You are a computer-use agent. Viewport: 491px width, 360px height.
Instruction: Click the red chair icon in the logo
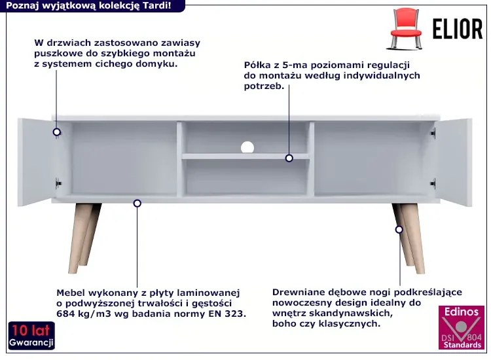point(406,29)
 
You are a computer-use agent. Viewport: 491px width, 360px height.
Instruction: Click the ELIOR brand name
point(458,29)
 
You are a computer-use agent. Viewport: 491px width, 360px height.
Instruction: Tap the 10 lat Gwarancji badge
point(31,336)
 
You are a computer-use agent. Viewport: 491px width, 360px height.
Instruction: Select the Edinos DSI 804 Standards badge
point(462,327)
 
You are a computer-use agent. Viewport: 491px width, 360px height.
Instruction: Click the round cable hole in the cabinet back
point(247,147)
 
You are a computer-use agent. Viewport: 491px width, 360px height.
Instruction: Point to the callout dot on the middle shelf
point(289,158)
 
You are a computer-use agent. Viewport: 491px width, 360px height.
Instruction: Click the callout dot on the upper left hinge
point(57,132)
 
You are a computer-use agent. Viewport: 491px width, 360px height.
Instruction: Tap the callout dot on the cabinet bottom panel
point(137,204)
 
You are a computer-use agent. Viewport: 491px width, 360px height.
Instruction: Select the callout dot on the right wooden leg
point(399,230)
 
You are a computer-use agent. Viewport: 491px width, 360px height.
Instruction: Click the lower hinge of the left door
point(58,183)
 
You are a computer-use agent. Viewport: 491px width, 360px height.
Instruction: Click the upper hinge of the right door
point(433,133)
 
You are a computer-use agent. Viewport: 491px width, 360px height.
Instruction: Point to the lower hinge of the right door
point(433,183)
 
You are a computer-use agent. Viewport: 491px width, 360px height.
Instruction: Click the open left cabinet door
point(35,162)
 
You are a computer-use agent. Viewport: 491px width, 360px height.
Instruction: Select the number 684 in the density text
point(65,314)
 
